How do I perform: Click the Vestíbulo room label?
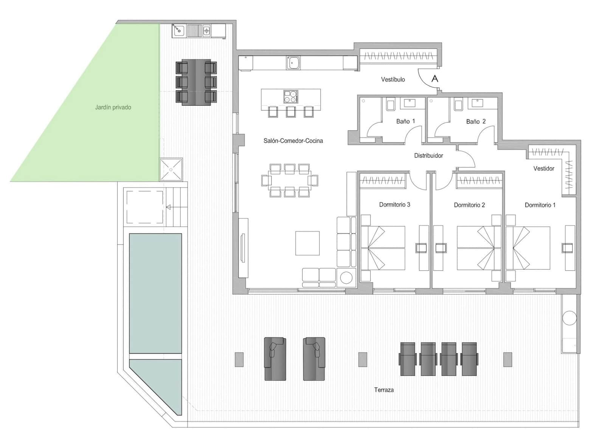pos(393,79)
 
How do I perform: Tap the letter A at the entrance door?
pos(435,79)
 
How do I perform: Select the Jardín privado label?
pos(113,107)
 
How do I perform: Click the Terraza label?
pos(384,390)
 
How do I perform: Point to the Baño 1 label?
pos(405,121)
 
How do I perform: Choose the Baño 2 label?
pos(476,121)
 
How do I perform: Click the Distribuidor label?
pos(428,155)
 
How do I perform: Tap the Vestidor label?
pos(544,168)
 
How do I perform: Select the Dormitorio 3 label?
pos(394,204)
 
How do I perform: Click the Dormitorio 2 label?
pos(469,205)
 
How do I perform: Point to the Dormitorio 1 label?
pos(540,205)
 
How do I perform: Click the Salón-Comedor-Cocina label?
pos(293,141)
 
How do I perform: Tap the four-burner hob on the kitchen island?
pos(291,97)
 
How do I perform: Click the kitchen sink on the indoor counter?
pos(293,63)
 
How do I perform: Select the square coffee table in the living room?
pos(307,243)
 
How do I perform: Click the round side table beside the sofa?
pos(346,278)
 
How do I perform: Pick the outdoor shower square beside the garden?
pos(171,170)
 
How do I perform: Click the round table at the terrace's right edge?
pos(569,318)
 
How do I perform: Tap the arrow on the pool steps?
pos(168,207)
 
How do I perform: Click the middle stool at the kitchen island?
pos(290,112)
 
